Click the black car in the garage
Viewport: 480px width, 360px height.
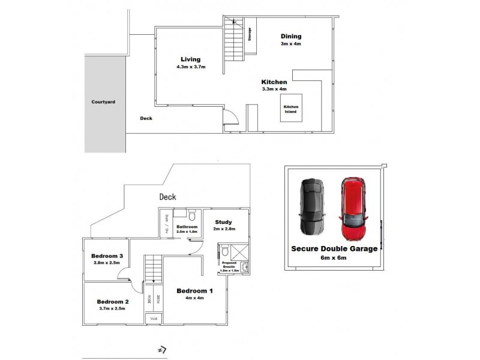click(311, 208)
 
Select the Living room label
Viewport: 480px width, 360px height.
click(190, 59)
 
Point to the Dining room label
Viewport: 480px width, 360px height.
click(290, 37)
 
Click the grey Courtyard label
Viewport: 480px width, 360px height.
click(103, 102)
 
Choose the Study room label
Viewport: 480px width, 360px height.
click(224, 221)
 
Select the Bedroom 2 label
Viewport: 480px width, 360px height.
click(113, 301)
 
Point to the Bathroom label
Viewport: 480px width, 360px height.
click(187, 226)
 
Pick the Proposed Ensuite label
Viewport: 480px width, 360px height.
click(231, 265)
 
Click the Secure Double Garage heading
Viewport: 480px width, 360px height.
click(334, 248)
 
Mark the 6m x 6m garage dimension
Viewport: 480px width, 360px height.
click(334, 258)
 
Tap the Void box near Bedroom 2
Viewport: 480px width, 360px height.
click(153, 319)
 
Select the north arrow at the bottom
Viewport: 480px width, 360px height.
click(161, 350)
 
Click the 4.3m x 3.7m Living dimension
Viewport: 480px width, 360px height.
click(191, 67)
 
